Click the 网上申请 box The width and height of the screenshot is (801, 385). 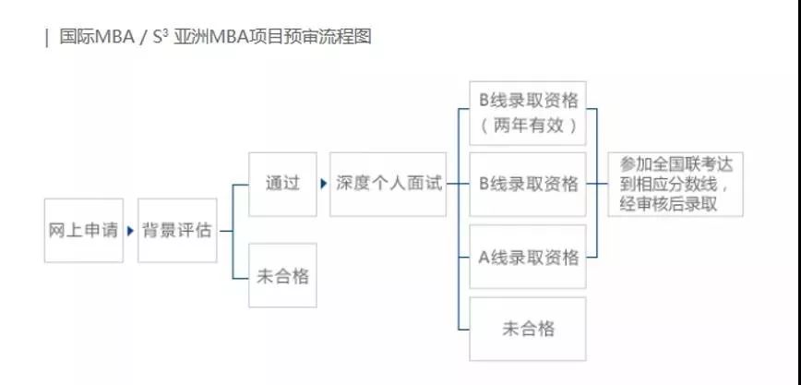tap(83, 230)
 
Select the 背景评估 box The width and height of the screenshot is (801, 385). tap(177, 230)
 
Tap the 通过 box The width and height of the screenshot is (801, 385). tap(282, 184)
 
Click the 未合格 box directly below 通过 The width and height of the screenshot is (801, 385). tap(282, 275)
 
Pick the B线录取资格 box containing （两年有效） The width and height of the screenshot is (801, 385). tap(528, 113)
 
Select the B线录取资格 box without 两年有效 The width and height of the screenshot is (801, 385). tap(528, 184)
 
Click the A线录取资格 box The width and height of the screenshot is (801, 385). tap(528, 256)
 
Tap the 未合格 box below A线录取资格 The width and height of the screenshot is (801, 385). tap(528, 329)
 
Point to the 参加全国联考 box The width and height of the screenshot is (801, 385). tap(675, 184)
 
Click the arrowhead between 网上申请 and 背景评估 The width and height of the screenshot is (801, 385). tap(130, 230)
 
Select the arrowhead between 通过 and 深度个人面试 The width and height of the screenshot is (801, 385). tap(323, 184)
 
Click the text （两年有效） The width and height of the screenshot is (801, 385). tap(528, 126)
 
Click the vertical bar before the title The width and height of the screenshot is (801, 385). tap(46, 39)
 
